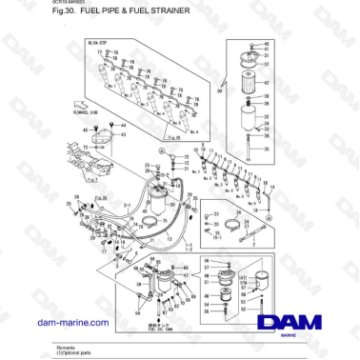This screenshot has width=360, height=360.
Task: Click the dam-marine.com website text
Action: (72, 323)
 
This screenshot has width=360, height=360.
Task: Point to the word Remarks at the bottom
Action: (67, 347)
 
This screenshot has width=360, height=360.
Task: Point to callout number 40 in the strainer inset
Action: (266, 44)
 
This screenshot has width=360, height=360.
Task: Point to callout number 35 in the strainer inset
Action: (267, 150)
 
